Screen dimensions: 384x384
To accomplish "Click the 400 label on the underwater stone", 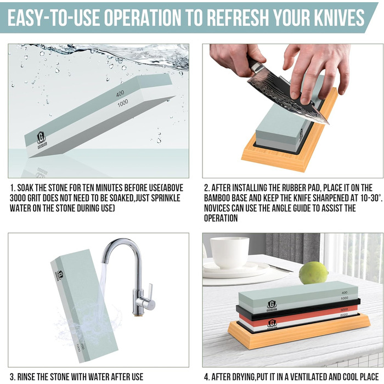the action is point(120,93).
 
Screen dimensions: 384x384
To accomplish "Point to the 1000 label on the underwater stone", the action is point(123,103).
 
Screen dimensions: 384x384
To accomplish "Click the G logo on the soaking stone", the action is point(42,138).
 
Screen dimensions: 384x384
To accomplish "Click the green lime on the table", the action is point(313,273).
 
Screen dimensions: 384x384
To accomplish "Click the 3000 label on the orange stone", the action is point(344,310).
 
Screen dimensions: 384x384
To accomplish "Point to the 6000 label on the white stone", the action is point(344,315).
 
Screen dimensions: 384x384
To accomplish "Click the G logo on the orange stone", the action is point(272,324).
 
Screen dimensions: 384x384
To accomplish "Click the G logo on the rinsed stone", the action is point(60,276).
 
